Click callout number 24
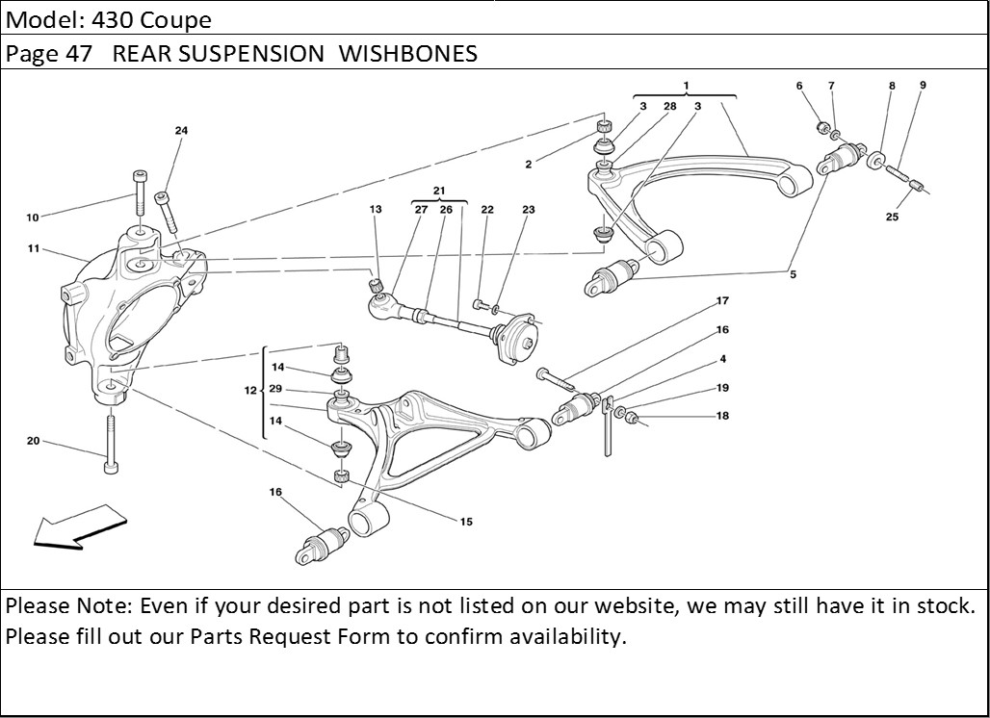click(x=181, y=131)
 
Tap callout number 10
click(x=33, y=218)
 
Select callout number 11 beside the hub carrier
click(x=33, y=248)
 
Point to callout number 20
click(x=33, y=441)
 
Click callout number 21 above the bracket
click(x=439, y=191)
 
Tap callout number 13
click(x=376, y=210)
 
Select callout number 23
click(x=529, y=210)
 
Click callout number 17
click(x=722, y=301)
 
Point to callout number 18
click(x=722, y=417)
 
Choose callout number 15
click(x=466, y=523)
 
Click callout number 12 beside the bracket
click(x=250, y=391)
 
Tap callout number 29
click(x=276, y=389)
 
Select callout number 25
click(x=892, y=218)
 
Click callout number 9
click(x=923, y=86)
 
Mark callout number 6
click(x=799, y=87)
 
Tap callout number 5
click(x=793, y=275)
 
